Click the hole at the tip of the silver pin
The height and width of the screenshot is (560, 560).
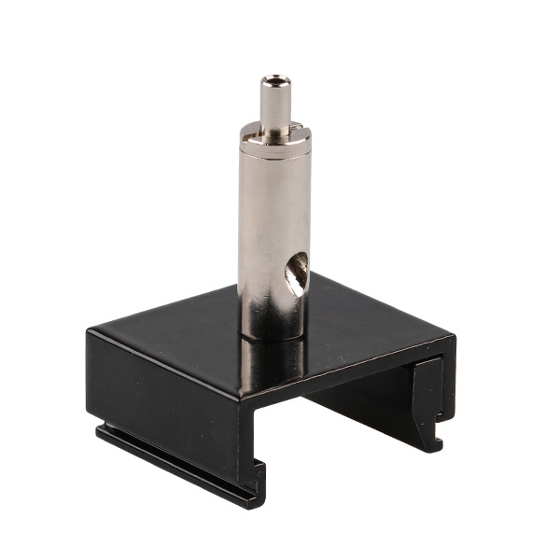point(273,80)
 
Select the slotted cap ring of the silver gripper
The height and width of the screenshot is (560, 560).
point(273,136)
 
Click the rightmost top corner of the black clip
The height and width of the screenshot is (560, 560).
point(454,338)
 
